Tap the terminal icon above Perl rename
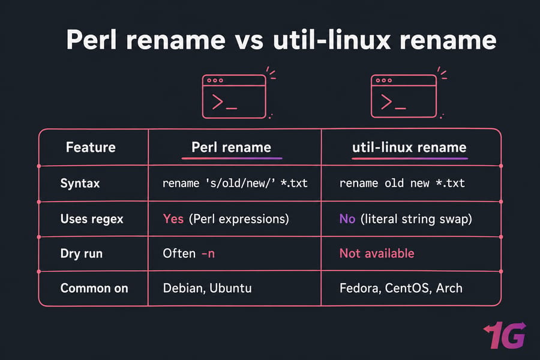(234, 97)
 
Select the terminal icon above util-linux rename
(404, 96)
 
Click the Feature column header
(91, 148)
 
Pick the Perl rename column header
(232, 148)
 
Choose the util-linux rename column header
(409, 148)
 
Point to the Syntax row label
(80, 183)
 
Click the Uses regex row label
(92, 219)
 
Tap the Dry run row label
(81, 254)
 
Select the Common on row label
(94, 288)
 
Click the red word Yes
(173, 219)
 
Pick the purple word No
(347, 219)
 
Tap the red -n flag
(208, 254)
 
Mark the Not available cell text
(377, 254)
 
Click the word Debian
(184, 289)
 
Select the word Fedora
(360, 289)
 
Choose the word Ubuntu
(230, 288)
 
